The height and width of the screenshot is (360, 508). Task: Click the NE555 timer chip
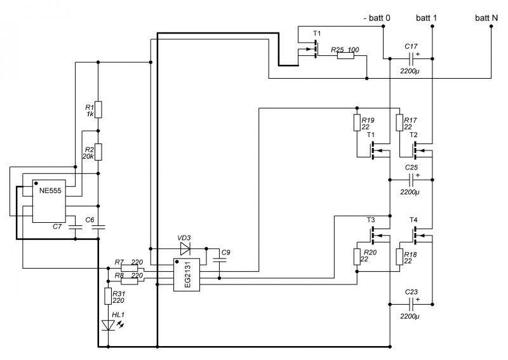pyautogui.click(x=49, y=201)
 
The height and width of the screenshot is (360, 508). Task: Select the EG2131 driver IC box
pyautogui.click(x=187, y=275)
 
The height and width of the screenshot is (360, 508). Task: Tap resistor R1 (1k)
pyautogui.click(x=98, y=109)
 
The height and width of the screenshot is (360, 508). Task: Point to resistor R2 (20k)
pyautogui.click(x=98, y=152)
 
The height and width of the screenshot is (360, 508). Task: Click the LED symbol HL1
pyautogui.click(x=108, y=325)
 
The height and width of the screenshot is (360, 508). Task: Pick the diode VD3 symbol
pyautogui.click(x=185, y=248)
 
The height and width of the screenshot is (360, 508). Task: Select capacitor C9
pyautogui.click(x=220, y=260)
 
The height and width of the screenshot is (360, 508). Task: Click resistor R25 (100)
pyautogui.click(x=345, y=56)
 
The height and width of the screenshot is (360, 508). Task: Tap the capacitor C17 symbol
pyautogui.click(x=411, y=58)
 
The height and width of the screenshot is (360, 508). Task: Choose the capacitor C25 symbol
pyautogui.click(x=411, y=180)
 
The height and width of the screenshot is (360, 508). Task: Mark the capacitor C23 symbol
pyautogui.click(x=411, y=304)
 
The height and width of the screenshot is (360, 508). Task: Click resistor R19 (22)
pyautogui.click(x=357, y=123)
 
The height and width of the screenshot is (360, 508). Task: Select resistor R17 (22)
pyautogui.click(x=399, y=123)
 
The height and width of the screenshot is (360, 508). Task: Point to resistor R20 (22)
pyautogui.click(x=357, y=257)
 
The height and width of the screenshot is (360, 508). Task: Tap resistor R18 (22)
pyautogui.click(x=399, y=257)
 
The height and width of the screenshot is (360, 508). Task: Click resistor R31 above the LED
pyautogui.click(x=108, y=296)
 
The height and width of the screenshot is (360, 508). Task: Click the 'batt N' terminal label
pyautogui.click(x=486, y=18)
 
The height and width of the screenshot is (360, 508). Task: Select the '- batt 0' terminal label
pyautogui.click(x=377, y=18)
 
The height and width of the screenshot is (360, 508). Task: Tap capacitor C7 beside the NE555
pyautogui.click(x=76, y=227)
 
